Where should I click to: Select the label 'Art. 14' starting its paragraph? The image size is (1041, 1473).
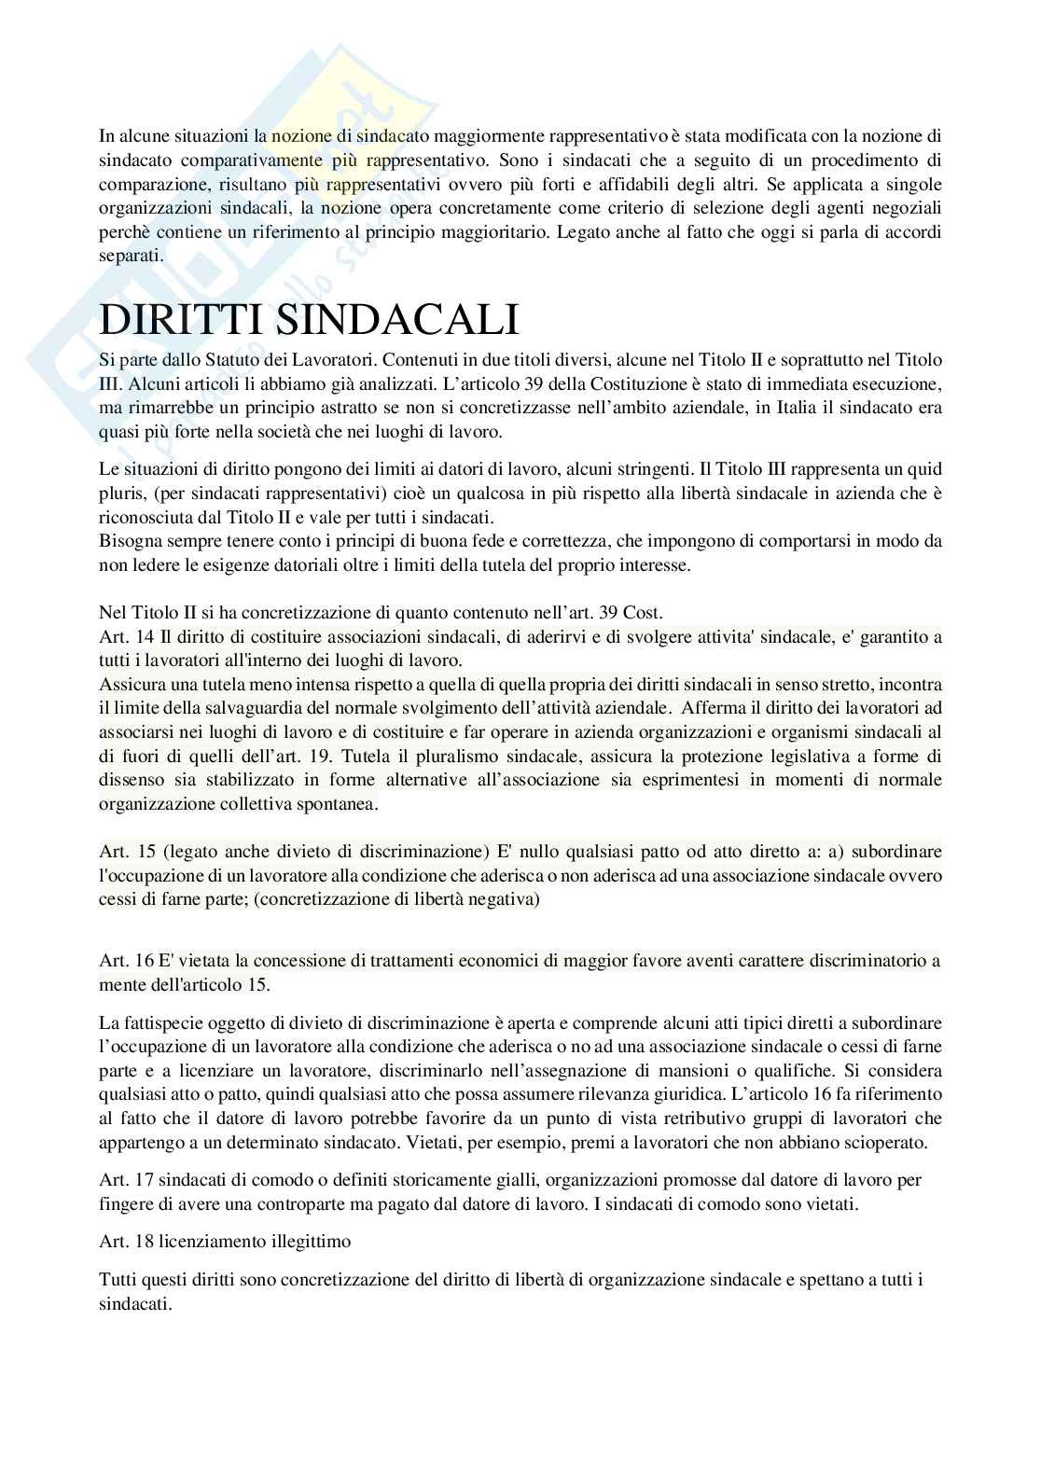123,637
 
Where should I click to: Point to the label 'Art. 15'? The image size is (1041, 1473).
123,852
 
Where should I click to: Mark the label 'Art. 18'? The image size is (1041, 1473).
123,1242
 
